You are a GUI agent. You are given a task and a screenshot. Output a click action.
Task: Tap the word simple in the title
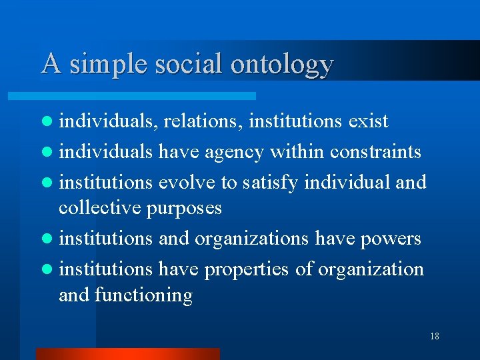tap(111, 65)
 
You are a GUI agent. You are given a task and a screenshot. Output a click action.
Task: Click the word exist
tap(368, 121)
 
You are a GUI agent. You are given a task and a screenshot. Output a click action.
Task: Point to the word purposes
tap(184, 209)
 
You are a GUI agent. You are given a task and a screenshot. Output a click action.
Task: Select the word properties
tap(259, 269)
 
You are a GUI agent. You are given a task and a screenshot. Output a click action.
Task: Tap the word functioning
tap(143, 295)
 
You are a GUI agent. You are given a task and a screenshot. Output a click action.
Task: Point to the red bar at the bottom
tap(127, 353)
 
